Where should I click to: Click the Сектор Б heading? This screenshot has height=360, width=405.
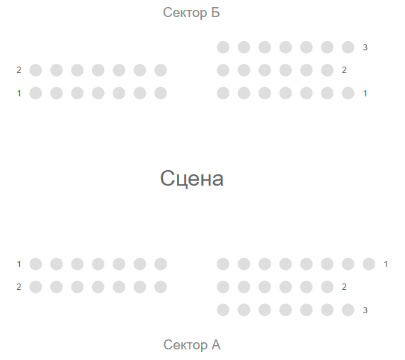(x=191, y=13)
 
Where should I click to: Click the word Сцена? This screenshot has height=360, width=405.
(x=192, y=179)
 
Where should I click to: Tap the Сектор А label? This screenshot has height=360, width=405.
(x=192, y=344)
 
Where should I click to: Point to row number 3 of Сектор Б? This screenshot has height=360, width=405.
(x=365, y=47)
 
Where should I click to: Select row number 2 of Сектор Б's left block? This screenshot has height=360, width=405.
(x=19, y=70)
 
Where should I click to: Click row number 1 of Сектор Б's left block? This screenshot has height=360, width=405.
(x=19, y=94)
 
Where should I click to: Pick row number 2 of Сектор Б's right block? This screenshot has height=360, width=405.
(x=344, y=70)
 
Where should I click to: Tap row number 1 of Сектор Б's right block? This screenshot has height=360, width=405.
(x=365, y=94)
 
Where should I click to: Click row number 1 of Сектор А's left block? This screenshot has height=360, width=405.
(x=19, y=264)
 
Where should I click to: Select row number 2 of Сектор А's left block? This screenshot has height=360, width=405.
(x=19, y=287)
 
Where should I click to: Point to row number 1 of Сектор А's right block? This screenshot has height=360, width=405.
(x=386, y=264)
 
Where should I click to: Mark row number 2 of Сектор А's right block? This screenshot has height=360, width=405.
(x=344, y=287)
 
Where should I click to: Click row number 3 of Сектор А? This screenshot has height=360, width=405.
(x=365, y=310)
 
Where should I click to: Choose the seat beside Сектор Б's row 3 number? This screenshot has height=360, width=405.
(x=348, y=47)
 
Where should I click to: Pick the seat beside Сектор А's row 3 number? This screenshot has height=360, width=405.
(x=348, y=310)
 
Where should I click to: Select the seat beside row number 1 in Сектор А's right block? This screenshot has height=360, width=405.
(x=369, y=264)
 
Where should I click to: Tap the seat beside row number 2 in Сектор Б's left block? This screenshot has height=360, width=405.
(x=35, y=70)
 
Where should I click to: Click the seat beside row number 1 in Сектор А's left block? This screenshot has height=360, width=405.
(x=35, y=264)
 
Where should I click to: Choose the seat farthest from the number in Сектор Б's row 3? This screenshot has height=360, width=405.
(x=223, y=47)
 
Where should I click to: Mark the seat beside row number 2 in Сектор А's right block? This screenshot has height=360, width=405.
(x=327, y=287)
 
